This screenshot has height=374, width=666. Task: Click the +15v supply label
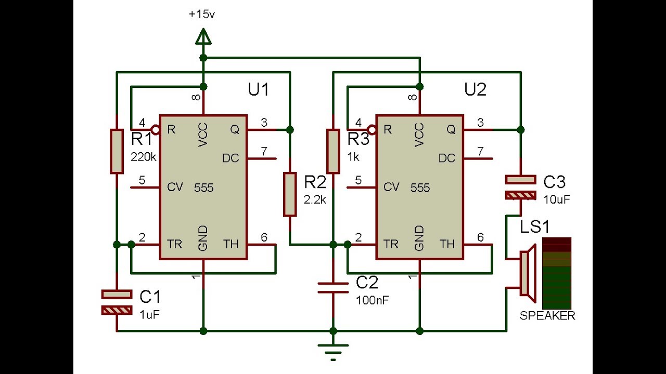202,14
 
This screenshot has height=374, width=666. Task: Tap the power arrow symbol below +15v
203,37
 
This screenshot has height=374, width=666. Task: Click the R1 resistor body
117,151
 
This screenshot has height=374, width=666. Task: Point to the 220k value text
144,156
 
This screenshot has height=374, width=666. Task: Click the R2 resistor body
290,194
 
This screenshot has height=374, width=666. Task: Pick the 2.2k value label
315,199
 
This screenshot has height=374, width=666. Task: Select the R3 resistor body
333,151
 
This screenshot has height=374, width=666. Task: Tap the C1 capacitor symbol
117,302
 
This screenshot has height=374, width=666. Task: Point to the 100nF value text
373,300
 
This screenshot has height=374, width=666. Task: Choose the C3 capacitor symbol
520,188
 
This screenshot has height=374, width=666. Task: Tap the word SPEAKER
547,316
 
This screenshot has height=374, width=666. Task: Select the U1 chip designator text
258,90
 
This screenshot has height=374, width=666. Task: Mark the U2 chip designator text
475,90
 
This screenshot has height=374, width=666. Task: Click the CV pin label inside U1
175,187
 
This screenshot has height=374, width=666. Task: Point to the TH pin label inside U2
446,244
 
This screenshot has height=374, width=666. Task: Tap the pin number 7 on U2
480,151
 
